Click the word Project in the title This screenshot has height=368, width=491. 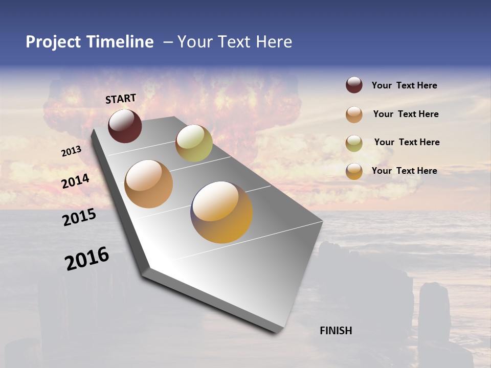54,42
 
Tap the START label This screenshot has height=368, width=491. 121,99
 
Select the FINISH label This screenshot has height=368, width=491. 336,331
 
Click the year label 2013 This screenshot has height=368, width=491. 71,151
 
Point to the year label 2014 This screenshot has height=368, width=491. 75,181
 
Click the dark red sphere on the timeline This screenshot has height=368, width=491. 125,126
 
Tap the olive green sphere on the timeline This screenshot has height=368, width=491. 194,143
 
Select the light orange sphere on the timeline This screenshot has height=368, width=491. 149,184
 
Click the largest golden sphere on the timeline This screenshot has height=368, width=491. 221,212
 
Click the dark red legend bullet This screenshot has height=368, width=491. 354,85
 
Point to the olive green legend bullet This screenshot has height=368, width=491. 354,143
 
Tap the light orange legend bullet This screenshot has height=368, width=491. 354,114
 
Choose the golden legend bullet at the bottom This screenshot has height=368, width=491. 354,171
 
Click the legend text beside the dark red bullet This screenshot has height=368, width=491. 404,85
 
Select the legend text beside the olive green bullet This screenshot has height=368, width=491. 407,142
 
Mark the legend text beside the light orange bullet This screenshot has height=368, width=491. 406,114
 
